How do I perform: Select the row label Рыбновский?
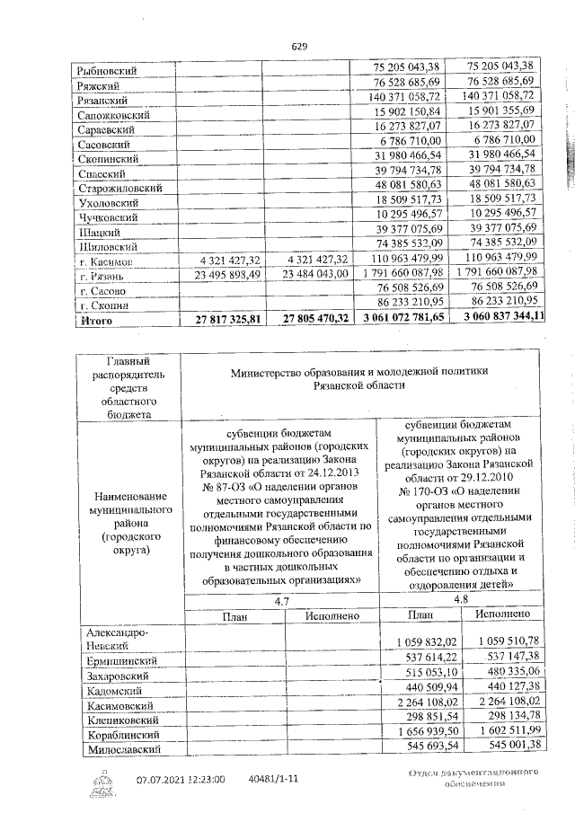pyautogui.click(x=109, y=69)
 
